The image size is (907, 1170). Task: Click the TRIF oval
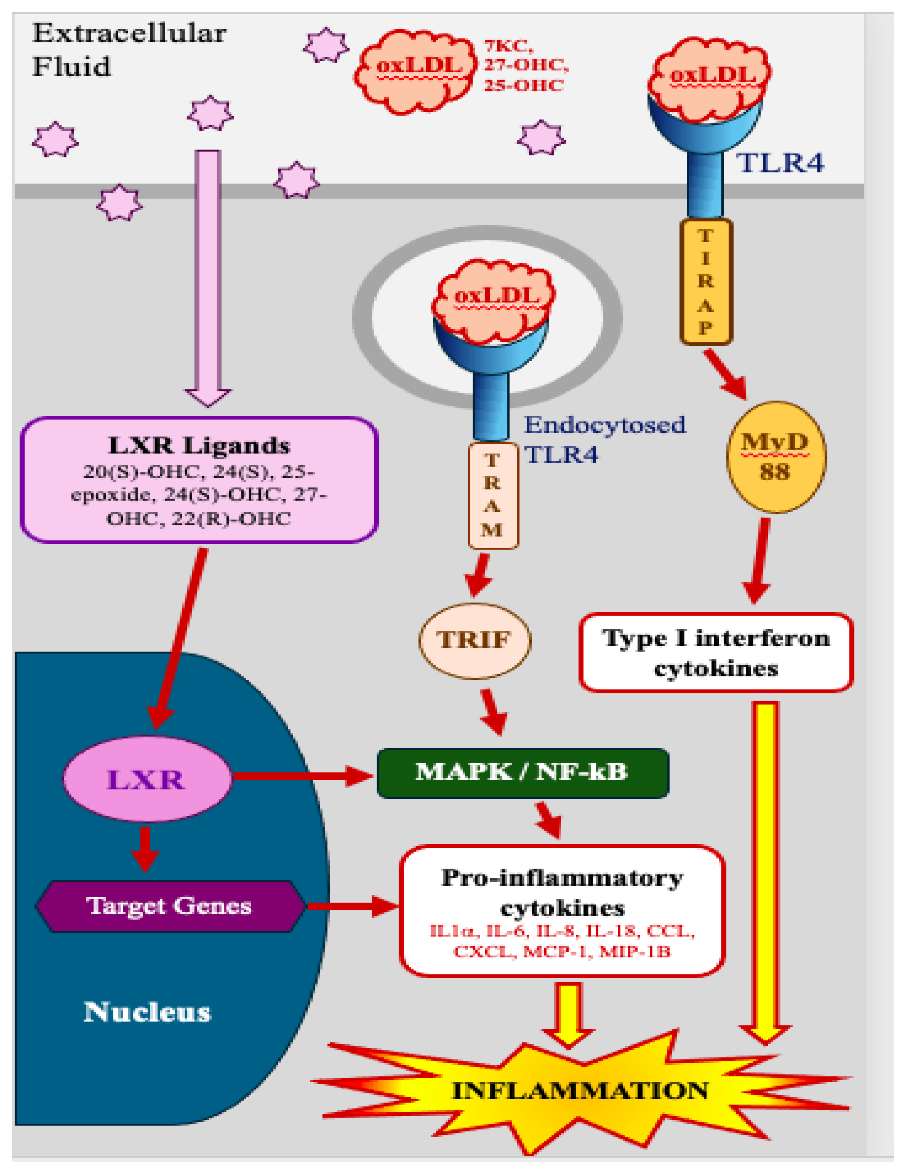(474, 640)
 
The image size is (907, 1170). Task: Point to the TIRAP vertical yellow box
(705, 281)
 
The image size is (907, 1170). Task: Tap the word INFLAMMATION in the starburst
(580, 1090)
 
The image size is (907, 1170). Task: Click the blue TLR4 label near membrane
(780, 162)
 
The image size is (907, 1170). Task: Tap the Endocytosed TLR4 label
(603, 439)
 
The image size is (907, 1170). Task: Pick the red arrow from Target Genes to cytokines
(351, 906)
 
